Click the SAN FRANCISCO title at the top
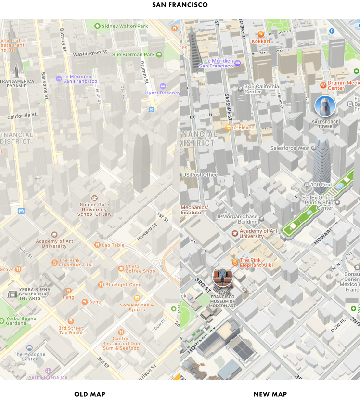click(180, 5)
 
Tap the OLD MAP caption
click(90, 394)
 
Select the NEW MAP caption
click(270, 394)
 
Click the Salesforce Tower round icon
click(325, 106)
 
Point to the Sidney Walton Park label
click(121, 26)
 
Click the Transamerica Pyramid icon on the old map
click(17, 71)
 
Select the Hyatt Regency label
click(163, 92)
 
